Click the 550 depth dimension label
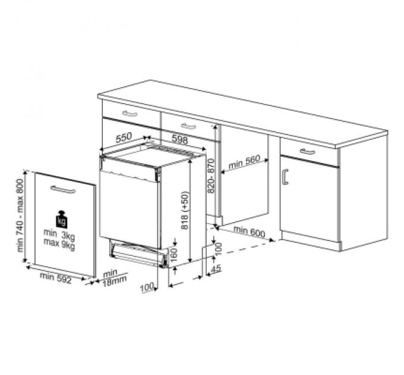[124, 137]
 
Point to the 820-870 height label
[211, 177]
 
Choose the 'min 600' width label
[249, 232]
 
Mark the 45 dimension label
[216, 268]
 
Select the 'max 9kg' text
[59, 241]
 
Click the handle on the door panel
[62, 190]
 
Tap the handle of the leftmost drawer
[130, 114]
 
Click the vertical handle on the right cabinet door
[285, 177]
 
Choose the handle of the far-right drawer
[307, 152]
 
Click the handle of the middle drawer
[188, 126]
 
